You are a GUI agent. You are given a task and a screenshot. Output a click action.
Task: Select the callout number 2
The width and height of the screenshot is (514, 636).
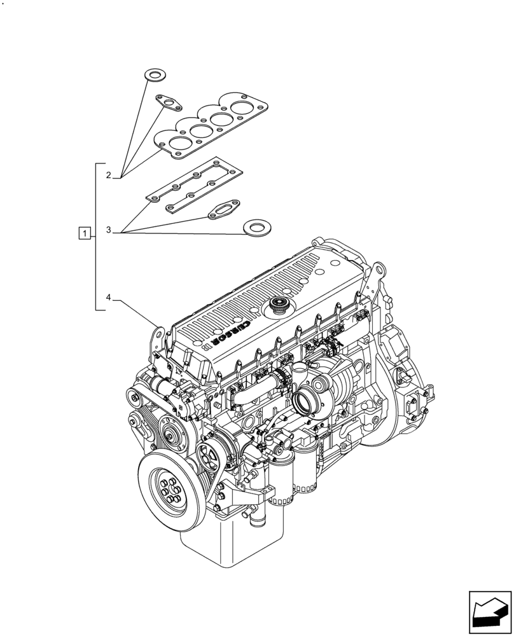click(x=109, y=175)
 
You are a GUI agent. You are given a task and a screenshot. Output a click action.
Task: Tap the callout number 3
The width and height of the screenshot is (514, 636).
click(x=109, y=230)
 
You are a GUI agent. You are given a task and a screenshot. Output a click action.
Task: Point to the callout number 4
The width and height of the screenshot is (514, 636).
click(x=109, y=297)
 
